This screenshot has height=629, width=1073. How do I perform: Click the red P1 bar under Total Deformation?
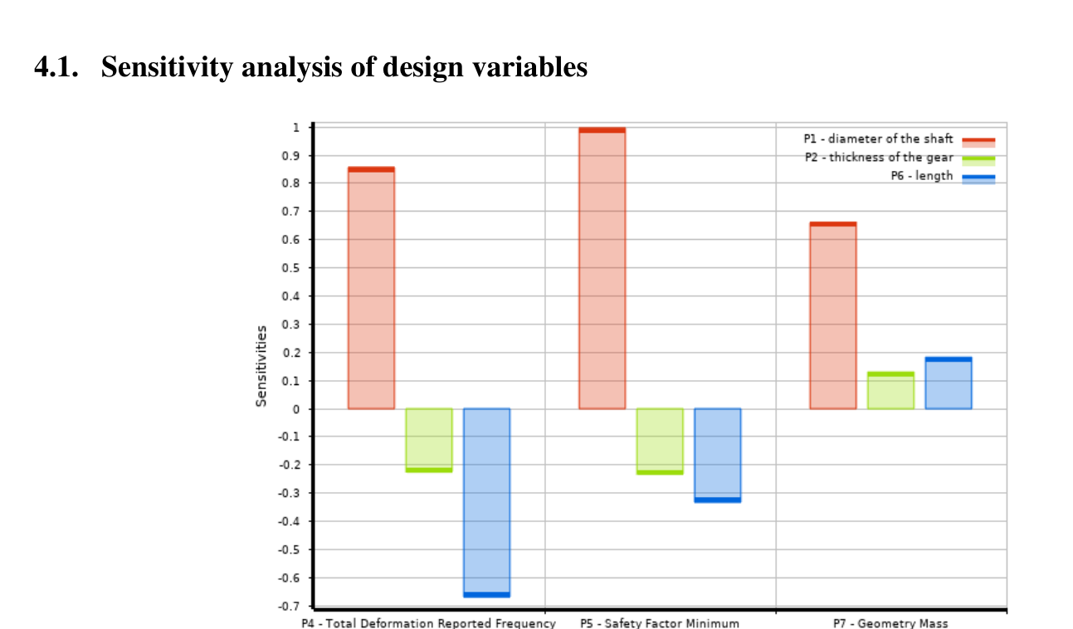coord(371,288)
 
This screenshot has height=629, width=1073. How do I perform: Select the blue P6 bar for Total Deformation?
coord(486,502)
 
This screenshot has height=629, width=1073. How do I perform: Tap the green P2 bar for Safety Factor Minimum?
coord(660,441)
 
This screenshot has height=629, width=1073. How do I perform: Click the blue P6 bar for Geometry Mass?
coord(949,383)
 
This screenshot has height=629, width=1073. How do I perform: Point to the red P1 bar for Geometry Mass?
coord(832,315)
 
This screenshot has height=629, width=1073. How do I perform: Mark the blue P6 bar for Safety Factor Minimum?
coord(718,455)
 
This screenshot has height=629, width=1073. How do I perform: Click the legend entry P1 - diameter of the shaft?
coord(879,139)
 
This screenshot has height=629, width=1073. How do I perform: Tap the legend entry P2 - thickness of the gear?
coord(879,158)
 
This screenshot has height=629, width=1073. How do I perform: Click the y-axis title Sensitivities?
coord(261,366)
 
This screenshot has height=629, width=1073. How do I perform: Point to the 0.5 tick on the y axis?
coord(296,268)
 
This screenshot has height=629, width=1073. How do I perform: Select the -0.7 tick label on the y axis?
coord(293,606)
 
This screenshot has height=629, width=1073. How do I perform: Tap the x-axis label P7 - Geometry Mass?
coord(890,622)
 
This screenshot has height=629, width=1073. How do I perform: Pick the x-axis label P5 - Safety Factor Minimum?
coord(660,622)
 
